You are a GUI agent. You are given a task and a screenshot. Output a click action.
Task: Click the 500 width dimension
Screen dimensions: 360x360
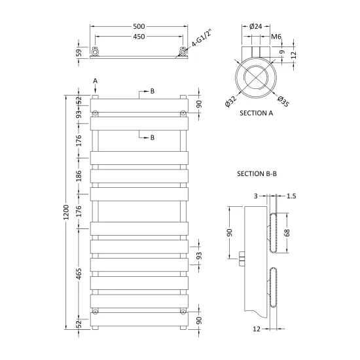139,26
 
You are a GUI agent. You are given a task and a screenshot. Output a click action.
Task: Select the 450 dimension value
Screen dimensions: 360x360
139,37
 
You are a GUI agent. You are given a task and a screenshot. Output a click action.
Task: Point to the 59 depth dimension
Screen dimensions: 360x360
79,52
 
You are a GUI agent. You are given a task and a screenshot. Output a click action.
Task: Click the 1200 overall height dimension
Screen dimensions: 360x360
66,212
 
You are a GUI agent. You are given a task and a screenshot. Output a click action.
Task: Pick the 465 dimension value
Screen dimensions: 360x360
79,274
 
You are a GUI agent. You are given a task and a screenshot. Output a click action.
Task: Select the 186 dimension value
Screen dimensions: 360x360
79,176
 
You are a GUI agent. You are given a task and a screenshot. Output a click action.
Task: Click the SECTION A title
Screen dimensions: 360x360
256,113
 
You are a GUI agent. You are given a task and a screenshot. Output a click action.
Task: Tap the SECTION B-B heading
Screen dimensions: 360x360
257,174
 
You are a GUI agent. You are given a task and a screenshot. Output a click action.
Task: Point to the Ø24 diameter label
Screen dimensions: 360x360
255,26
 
